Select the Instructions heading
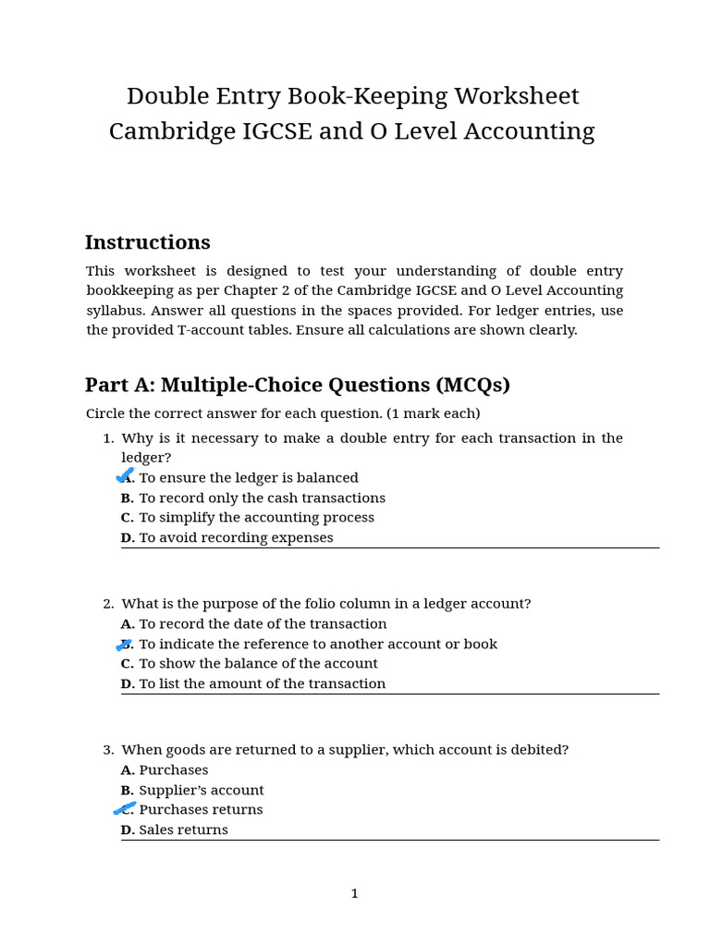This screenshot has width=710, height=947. (x=147, y=242)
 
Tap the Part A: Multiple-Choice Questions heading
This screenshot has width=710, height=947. (x=297, y=385)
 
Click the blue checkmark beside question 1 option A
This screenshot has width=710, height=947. (x=125, y=475)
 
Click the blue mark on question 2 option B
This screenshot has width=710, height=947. (x=125, y=644)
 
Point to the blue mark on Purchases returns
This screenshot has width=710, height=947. (x=125, y=809)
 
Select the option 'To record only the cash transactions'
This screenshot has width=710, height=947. (x=262, y=498)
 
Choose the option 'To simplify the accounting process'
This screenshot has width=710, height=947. (x=256, y=518)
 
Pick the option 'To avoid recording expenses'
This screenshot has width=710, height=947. (x=236, y=537)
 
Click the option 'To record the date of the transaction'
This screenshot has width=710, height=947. (x=263, y=624)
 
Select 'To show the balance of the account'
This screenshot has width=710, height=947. (x=258, y=663)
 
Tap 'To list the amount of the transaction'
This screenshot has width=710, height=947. (x=262, y=683)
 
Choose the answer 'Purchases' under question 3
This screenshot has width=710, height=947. (x=173, y=770)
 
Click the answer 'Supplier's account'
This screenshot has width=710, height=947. (x=201, y=790)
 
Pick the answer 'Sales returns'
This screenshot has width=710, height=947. (x=183, y=830)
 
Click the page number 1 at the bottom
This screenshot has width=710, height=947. (x=354, y=893)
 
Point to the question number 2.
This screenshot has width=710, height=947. (x=107, y=604)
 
